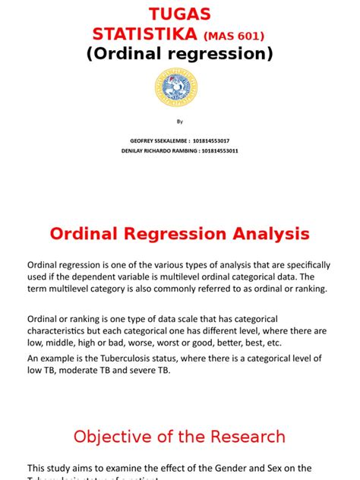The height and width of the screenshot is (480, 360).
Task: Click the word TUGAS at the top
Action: tap(179, 15)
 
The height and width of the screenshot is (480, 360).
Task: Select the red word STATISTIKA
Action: tap(145, 34)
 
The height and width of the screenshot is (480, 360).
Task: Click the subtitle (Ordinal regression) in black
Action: tap(180, 55)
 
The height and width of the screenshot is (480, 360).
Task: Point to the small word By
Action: tap(180, 121)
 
